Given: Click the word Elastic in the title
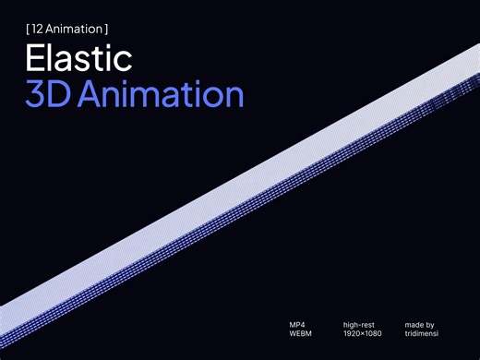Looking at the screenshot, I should pyautogui.click(x=78, y=59).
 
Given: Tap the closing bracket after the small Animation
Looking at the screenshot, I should pyautogui.click(x=107, y=29).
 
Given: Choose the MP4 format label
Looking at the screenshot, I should pyautogui.click(x=296, y=324).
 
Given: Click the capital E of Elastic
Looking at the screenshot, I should pyautogui.click(x=35, y=59).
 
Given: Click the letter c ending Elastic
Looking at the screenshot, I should pyautogui.click(x=124, y=61).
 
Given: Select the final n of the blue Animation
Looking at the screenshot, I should pyautogui.click(x=234, y=95).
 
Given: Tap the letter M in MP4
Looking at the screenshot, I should pyautogui.click(x=292, y=324).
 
